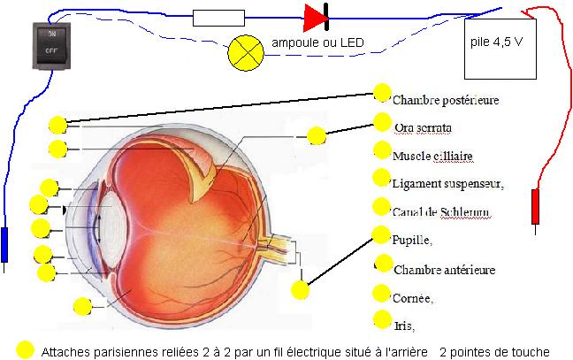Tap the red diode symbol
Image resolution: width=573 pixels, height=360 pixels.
(317, 16)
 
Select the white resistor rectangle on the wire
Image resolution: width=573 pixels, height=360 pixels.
(218, 16)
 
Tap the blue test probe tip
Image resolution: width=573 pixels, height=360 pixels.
(5, 245)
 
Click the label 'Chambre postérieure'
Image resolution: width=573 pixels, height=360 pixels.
(445, 100)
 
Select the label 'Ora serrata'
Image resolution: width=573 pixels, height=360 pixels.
(424, 128)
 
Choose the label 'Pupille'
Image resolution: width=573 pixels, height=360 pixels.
(412, 240)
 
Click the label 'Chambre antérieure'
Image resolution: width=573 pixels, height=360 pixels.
(445, 269)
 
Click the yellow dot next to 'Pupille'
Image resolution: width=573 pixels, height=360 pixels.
(381, 235)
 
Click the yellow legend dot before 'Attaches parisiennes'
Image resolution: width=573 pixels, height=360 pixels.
(25, 350)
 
